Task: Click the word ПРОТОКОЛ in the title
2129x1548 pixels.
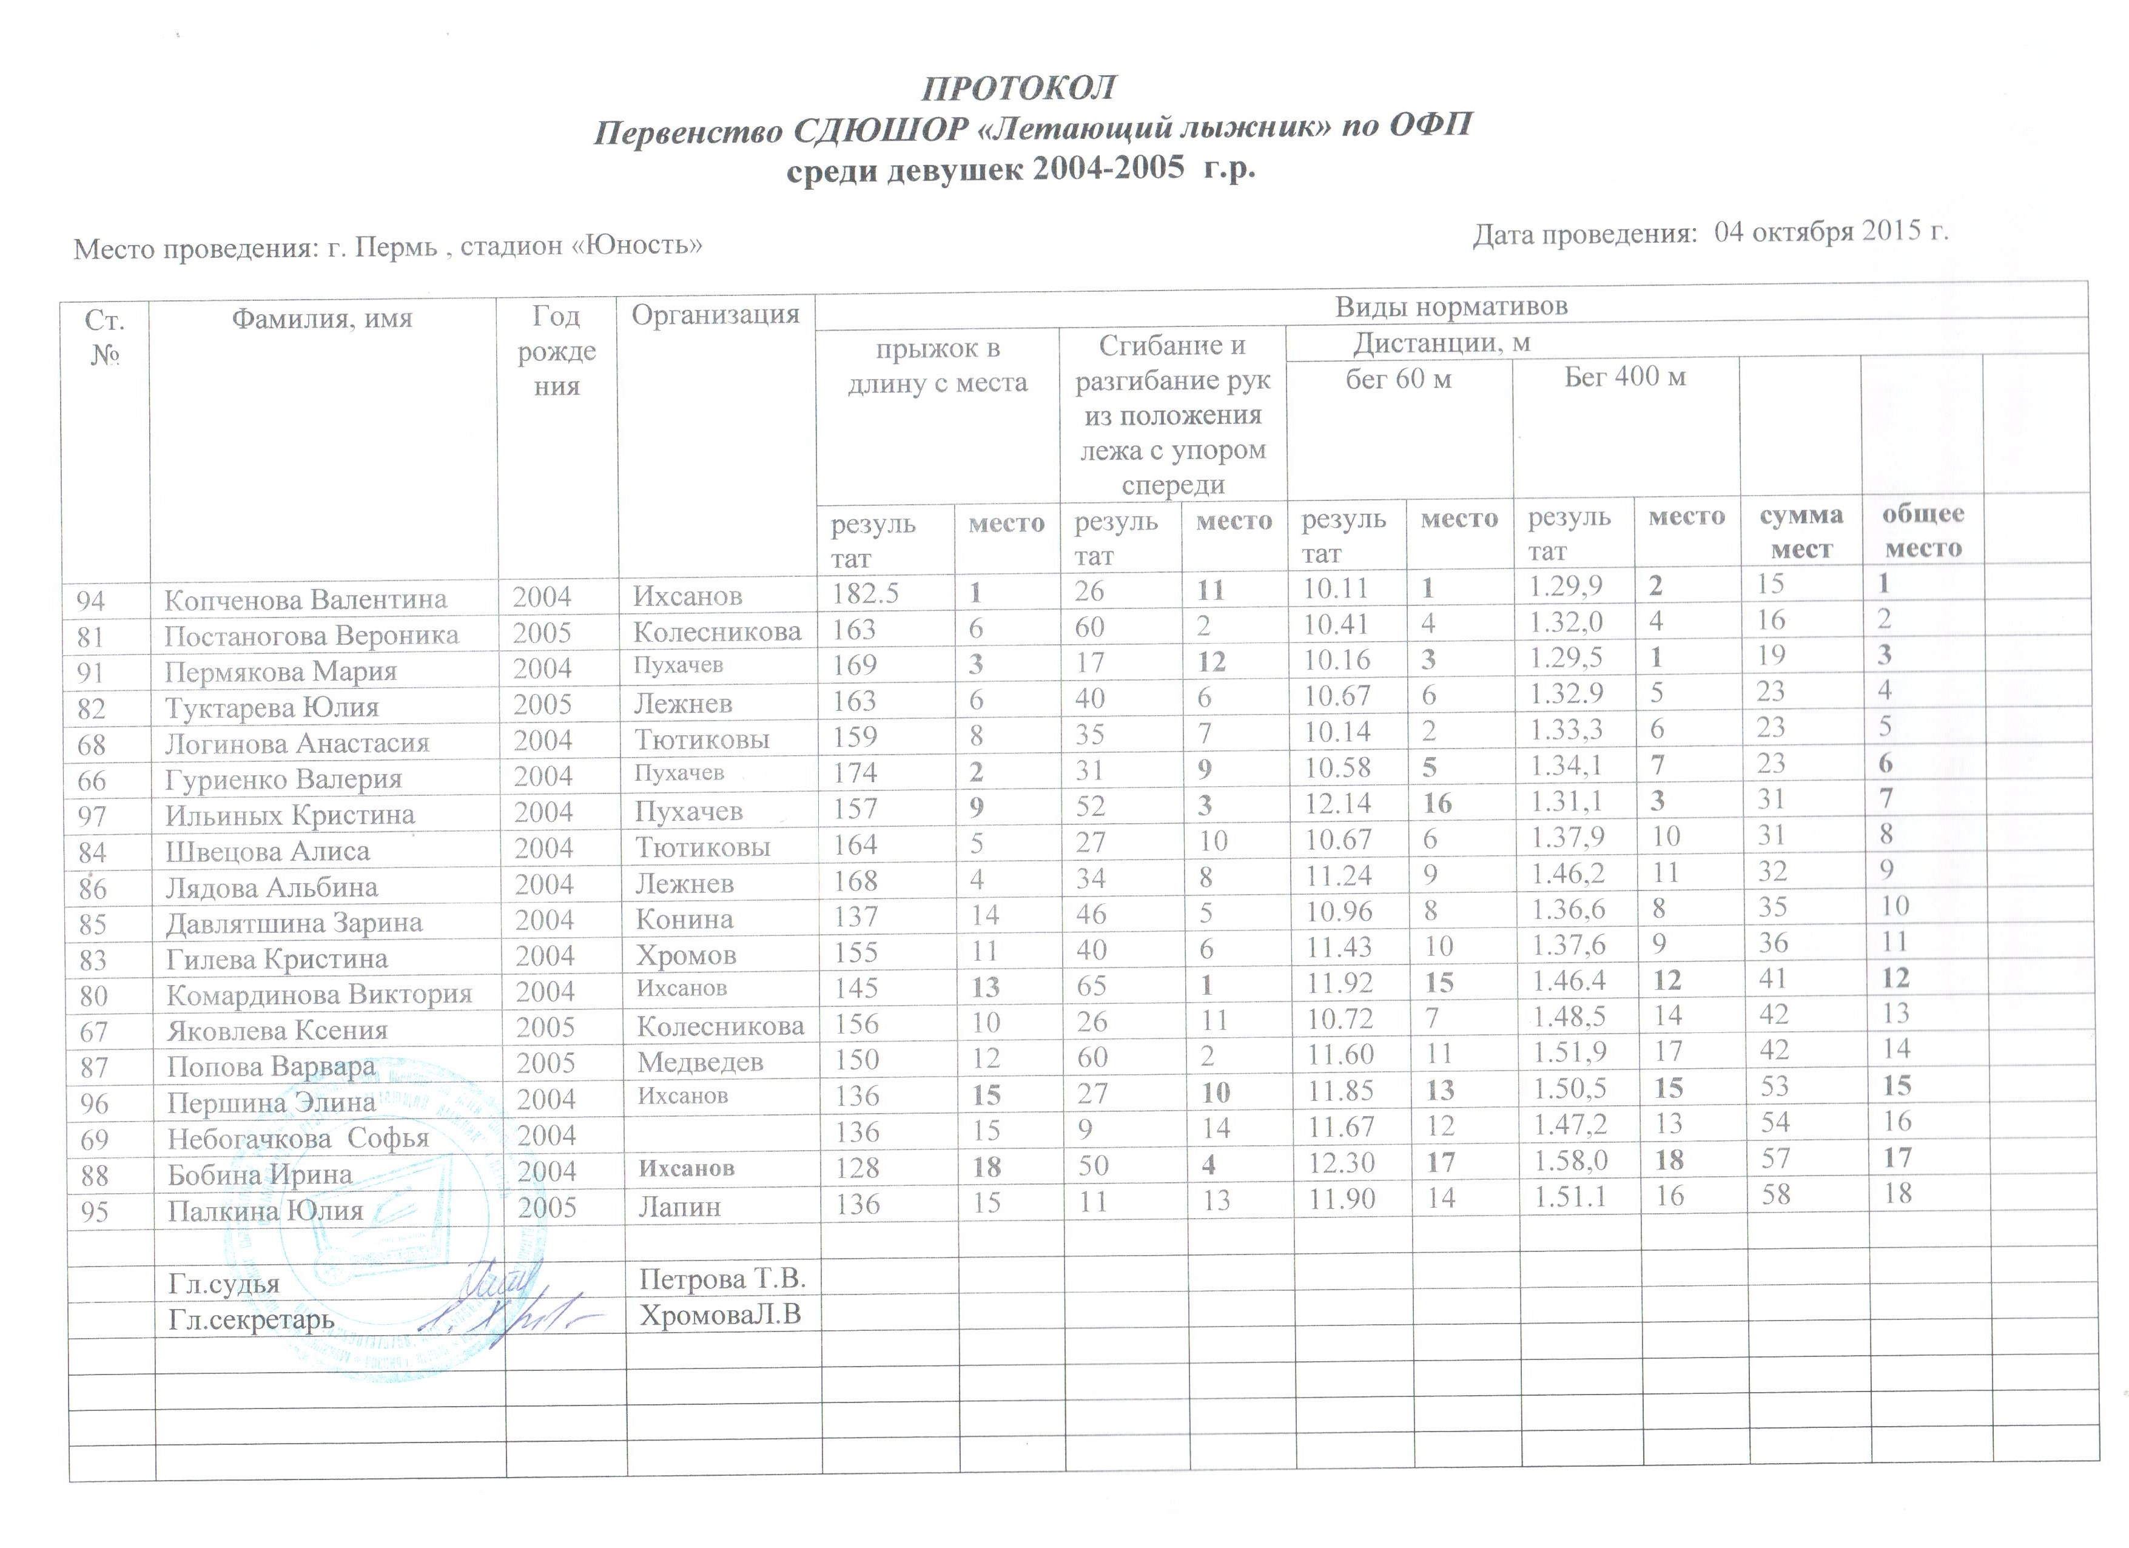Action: coord(1018,87)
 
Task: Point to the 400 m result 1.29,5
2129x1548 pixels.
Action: coord(1566,658)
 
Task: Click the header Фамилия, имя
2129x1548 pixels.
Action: coord(322,319)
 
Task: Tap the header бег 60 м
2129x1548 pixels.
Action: coord(1397,379)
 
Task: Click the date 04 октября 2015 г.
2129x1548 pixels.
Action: coord(1831,231)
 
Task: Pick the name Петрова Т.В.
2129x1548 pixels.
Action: coord(722,1279)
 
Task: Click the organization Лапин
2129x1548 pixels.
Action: coord(679,1206)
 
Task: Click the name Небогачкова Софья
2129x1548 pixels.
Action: coord(298,1139)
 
